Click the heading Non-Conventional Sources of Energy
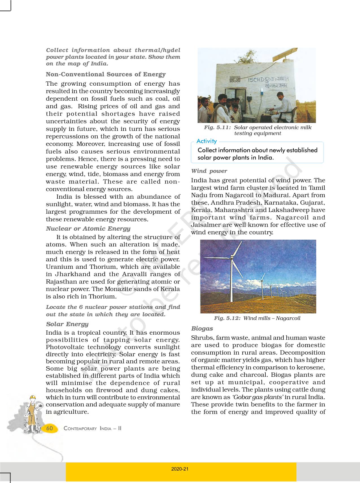tap(106, 74)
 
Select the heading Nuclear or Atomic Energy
tap(88, 229)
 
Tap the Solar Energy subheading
tap(67, 324)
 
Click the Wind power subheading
tap(209, 171)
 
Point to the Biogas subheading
tap(202, 328)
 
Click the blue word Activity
tap(206, 141)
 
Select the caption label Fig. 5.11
tap(217, 127)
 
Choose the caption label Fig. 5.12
tap(227, 318)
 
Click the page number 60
tap(49, 428)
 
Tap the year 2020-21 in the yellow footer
tap(180, 469)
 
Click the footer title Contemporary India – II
tap(92, 428)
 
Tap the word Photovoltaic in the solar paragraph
tap(65, 347)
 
